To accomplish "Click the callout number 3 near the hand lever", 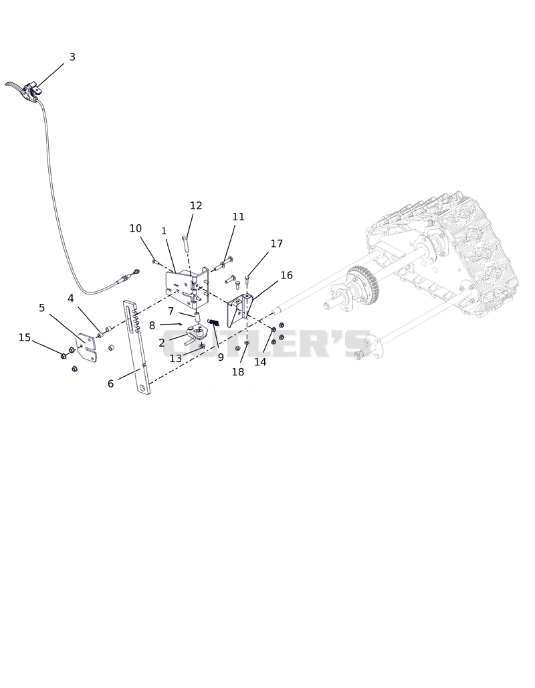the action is pos(72,57).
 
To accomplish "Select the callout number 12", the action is pos(196,205).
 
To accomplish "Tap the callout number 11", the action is pos(239,217).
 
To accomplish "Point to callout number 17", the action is pos(277,244).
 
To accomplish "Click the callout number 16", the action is pos(286,275).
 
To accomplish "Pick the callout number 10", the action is pos(136,229).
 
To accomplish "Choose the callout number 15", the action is pos(25,337).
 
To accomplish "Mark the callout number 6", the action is pos(110,384).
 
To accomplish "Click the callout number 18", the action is pos(237,372).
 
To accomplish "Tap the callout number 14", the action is pos(260,362).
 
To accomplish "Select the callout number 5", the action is pos(41,308).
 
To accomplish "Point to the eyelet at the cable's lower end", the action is pos(136,272).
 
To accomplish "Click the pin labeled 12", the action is pos(185,243).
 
